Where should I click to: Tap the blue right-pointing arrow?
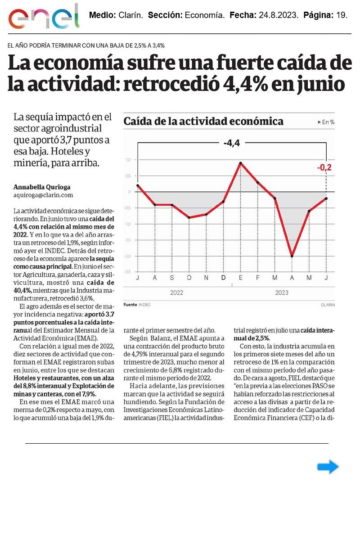coord(328,467)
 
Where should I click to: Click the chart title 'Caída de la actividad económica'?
coord(203,121)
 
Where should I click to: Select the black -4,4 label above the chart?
coord(232,144)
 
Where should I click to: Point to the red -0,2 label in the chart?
coord(324,168)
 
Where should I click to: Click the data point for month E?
coord(241,163)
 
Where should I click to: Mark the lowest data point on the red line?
coord(292,256)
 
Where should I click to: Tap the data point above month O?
coord(189,217)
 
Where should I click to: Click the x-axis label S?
coord(172,278)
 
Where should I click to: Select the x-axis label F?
coord(258,278)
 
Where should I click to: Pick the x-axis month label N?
coord(206,278)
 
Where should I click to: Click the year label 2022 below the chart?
coord(176,293)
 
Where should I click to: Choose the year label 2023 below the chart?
coord(282,293)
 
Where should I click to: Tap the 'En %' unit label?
coord(328,122)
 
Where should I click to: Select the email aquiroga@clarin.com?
coord(43,195)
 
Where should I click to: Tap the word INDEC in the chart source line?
coord(144,305)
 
